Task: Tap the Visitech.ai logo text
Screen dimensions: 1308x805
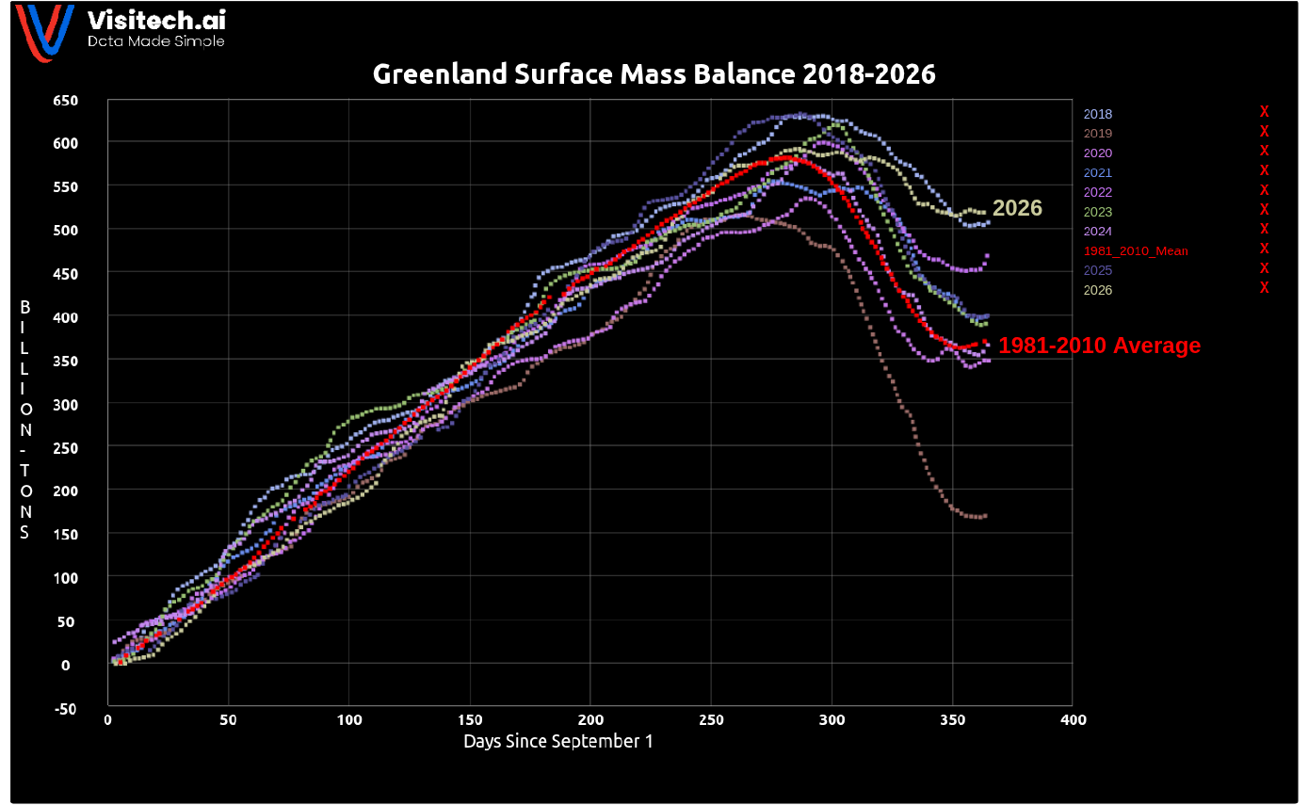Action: click(156, 21)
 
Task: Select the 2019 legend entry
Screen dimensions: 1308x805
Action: click(1098, 134)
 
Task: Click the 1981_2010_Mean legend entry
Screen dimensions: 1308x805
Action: click(1136, 251)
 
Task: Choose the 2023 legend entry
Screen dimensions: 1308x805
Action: click(1098, 212)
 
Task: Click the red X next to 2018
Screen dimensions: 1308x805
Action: click(1264, 111)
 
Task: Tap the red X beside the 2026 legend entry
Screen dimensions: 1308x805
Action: click(1264, 288)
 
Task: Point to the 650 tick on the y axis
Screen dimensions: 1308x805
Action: click(65, 101)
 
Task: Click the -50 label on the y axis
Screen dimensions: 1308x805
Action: click(65, 709)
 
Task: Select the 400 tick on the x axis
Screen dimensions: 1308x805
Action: click(1074, 719)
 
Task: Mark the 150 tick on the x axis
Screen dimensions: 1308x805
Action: click(470, 719)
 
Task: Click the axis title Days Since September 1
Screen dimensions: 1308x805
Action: click(557, 741)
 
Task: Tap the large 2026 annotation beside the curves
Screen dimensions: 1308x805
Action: click(1017, 208)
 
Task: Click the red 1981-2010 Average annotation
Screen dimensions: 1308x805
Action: click(1100, 346)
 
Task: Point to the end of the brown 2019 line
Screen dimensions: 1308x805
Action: click(986, 516)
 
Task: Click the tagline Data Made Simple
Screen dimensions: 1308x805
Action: click(156, 41)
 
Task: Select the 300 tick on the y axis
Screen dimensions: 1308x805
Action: click(65, 405)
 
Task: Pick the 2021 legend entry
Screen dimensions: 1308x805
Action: click(1098, 173)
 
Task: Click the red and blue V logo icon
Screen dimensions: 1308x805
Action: click(45, 32)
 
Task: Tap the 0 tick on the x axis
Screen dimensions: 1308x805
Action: click(108, 719)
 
